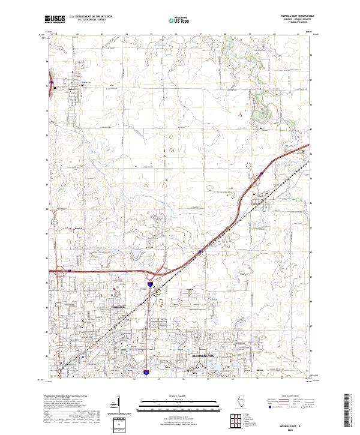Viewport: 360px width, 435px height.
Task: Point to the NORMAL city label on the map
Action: click(117, 307)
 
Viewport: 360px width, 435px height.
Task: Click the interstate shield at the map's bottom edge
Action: click(146, 374)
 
